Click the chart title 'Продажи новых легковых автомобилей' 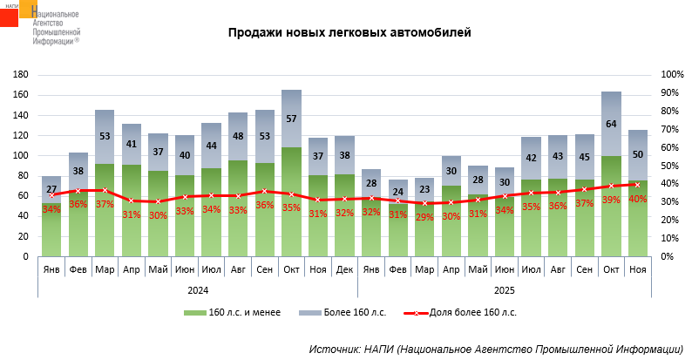point(349,34)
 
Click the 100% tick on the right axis point(672,75)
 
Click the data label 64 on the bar point(611,124)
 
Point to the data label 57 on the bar point(291,119)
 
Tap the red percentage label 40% point(638,199)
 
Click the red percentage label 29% point(424,216)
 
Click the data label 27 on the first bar point(51,190)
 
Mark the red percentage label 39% point(611,200)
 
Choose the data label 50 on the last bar point(638,153)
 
